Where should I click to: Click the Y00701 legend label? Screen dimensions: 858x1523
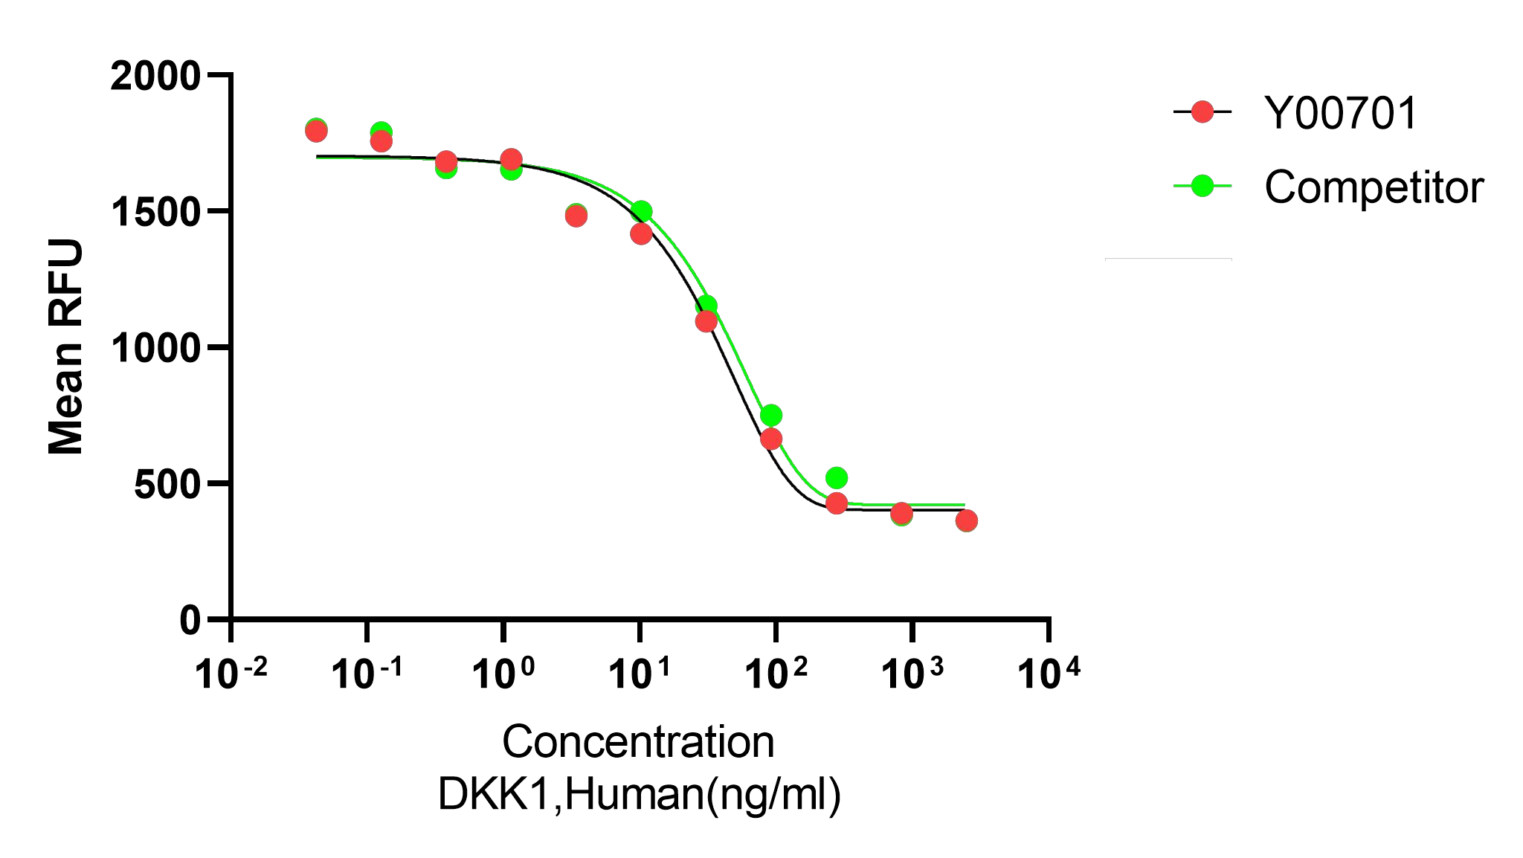coord(1341,114)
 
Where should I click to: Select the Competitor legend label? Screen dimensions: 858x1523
coord(1374,187)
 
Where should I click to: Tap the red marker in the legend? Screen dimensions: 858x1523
coord(1202,112)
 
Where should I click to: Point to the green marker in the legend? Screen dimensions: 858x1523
coord(1202,186)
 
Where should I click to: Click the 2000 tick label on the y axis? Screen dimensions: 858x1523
coord(155,77)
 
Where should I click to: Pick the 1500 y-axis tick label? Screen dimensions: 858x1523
coord(155,213)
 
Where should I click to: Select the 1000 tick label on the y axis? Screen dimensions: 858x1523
coord(155,349)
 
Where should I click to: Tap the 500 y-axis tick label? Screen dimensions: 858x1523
coord(167,485)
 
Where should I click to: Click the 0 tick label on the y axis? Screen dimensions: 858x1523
coord(190,621)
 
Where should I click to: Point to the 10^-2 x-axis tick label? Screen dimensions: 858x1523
coord(231,673)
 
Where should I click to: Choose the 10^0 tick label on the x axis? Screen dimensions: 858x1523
coord(503,673)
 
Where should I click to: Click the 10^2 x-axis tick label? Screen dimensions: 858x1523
coord(776,673)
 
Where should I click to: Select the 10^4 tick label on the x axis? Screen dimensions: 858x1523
coord(1048,673)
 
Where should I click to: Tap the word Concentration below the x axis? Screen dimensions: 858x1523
coord(638,742)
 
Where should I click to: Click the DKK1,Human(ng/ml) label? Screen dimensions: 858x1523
coord(639,794)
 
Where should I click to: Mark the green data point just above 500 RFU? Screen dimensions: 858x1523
coord(837,477)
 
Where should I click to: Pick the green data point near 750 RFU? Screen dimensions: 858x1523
coord(771,415)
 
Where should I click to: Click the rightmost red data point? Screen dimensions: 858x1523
coord(966,520)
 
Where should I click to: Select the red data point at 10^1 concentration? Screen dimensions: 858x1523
coord(641,234)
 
